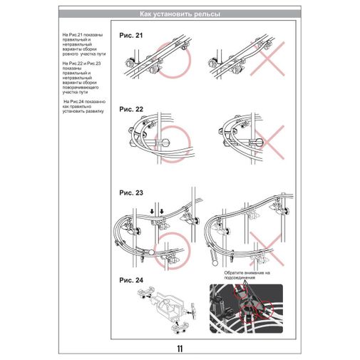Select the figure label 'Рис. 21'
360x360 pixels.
click(131, 36)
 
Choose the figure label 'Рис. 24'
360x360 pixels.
click(131, 278)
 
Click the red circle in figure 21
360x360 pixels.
click(170, 62)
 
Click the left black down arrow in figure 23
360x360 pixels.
click(152, 209)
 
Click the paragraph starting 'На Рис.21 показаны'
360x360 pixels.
click(83, 44)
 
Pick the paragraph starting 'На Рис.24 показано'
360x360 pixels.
click(83, 107)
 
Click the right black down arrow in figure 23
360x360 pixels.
click(163, 210)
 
